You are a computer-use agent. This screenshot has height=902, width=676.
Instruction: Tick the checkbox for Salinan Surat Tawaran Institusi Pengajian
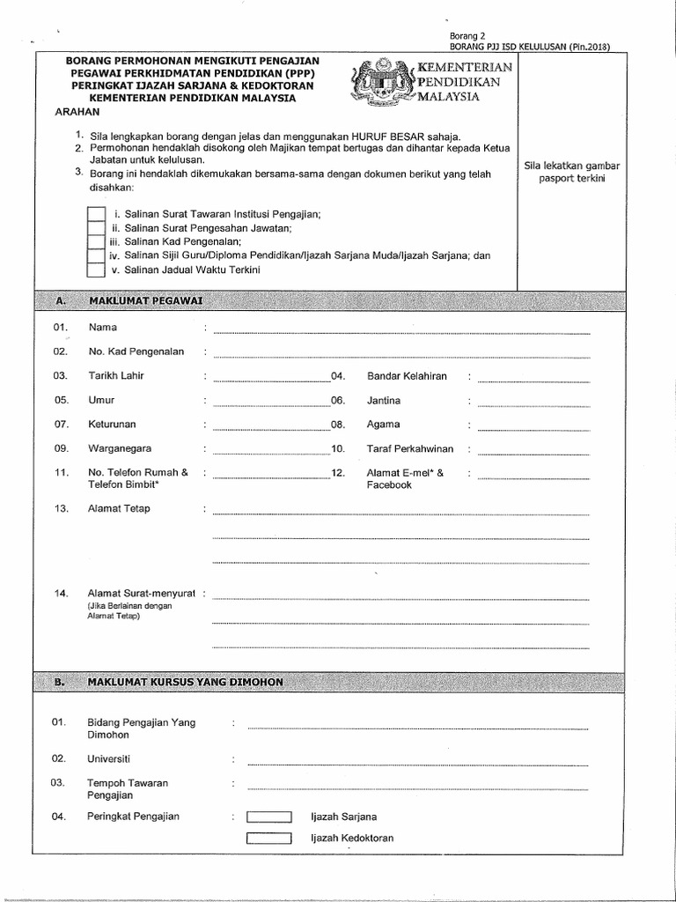(x=96, y=214)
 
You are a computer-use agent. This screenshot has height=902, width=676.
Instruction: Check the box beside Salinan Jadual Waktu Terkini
(x=96, y=269)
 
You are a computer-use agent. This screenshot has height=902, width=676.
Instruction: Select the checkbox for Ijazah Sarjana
(x=268, y=817)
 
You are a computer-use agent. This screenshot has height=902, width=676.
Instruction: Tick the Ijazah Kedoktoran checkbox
(x=268, y=838)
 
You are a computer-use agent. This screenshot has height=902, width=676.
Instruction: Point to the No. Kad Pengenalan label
(x=136, y=351)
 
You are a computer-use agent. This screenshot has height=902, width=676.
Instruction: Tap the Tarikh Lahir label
(x=115, y=376)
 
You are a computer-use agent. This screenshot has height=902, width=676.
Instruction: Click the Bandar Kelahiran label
(x=407, y=376)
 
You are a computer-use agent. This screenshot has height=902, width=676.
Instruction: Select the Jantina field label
(x=384, y=400)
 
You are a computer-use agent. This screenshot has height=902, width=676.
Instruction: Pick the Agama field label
(x=383, y=425)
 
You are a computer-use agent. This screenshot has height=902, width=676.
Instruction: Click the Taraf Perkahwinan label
(x=410, y=448)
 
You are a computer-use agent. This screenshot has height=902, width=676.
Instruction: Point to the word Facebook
(x=389, y=484)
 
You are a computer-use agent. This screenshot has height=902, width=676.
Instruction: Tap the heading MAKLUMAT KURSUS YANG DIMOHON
(x=185, y=683)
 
